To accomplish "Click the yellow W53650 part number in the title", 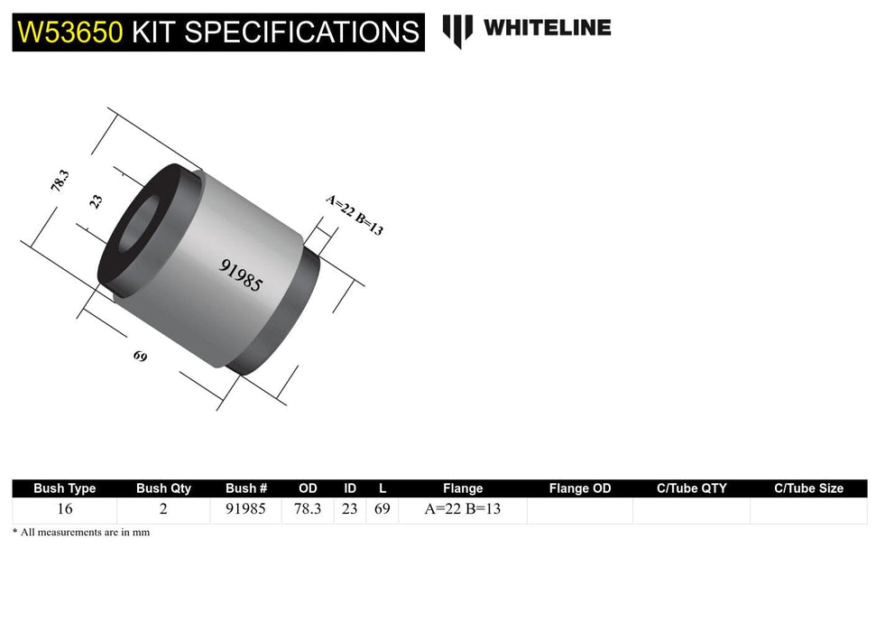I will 69,33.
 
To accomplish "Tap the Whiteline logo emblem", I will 457,30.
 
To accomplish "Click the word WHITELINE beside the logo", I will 547,28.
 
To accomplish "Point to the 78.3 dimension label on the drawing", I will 60,182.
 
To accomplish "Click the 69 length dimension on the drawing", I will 140,356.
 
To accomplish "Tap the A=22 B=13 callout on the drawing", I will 355,216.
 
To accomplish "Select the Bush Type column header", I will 64,488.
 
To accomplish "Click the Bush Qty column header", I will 163,488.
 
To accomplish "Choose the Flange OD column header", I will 579,488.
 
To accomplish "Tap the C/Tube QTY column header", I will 691,488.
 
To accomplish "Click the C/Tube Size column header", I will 808,488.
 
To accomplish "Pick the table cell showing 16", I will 64,509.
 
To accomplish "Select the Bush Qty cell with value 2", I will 163,509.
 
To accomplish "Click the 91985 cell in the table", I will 246,509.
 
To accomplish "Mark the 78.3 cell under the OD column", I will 308,509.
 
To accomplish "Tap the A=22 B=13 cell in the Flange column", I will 463,509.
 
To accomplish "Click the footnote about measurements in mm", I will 81,533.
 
